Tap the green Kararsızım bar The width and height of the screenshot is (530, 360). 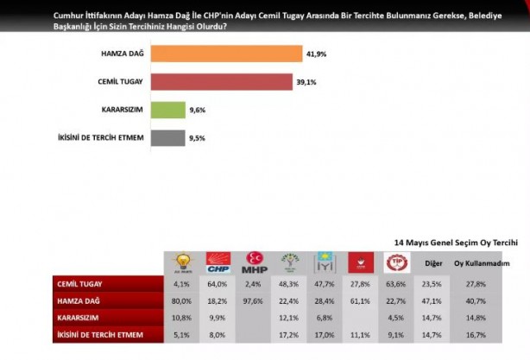click(167, 110)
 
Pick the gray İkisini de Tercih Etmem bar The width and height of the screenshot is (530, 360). click(167, 137)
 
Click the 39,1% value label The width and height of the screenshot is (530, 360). click(306, 82)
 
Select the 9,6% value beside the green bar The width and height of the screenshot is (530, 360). click(198, 110)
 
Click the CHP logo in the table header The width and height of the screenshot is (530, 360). click(218, 262)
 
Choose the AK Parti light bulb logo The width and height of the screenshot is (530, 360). click(182, 262)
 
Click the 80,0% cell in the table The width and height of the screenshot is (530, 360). click(182, 300)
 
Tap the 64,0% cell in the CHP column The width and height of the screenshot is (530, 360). click(218, 283)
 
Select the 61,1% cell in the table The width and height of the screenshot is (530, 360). click(360, 300)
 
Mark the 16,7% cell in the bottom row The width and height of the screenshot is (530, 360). click(473, 333)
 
